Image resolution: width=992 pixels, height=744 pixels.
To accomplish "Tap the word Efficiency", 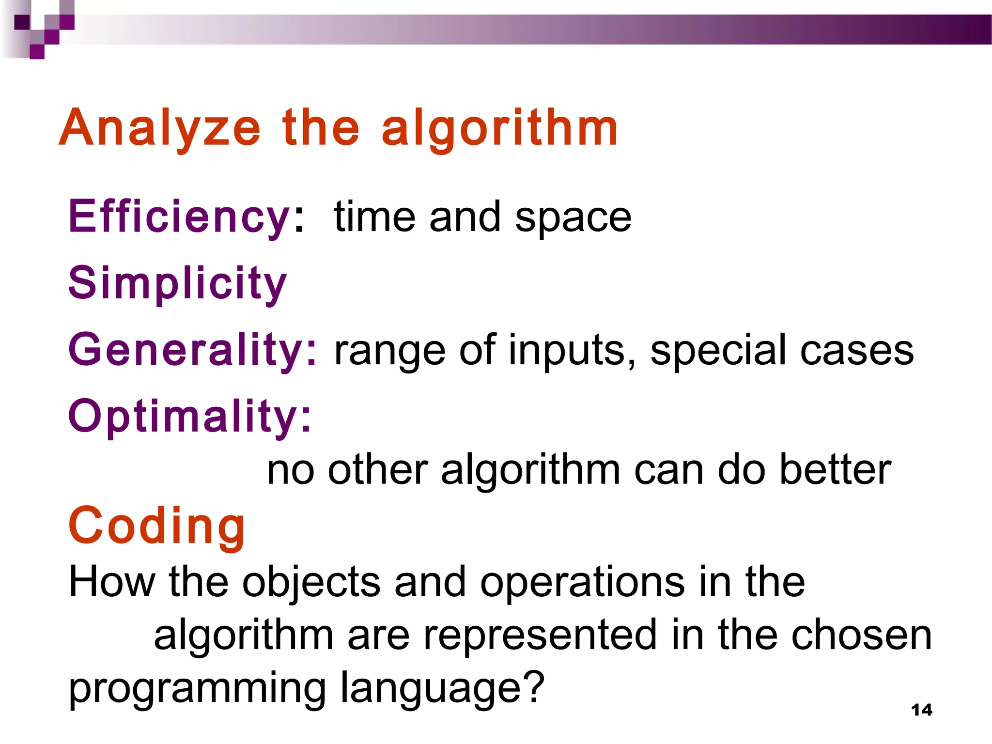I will coord(179,217).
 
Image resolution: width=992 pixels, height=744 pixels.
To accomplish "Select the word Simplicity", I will coord(177,283).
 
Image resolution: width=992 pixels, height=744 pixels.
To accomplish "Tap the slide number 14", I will coord(921,710).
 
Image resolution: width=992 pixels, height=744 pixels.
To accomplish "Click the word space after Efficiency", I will coord(573,218).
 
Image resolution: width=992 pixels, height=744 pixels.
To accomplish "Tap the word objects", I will coord(311,583).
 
